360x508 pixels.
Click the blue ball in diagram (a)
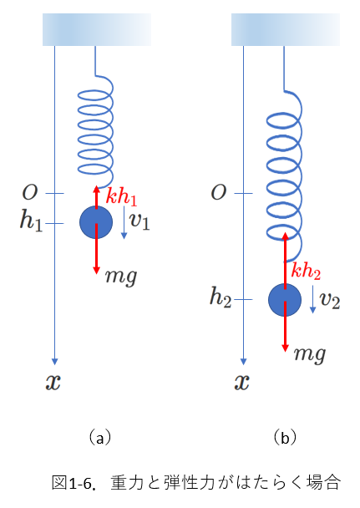pos(96,222)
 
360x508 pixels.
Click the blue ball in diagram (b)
pos(285,300)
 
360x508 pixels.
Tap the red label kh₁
pos(121,196)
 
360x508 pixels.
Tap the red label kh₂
pos(306,271)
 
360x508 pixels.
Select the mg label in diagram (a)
pos(121,277)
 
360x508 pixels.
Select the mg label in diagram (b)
pos(310,354)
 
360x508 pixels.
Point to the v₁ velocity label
pos(139,221)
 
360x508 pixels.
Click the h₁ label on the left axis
pos(31,221)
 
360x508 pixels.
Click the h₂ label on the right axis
pos(221,297)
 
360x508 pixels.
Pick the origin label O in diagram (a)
pos(30,192)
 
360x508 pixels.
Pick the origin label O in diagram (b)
pos(219,192)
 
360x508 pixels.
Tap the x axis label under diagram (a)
pos(53,382)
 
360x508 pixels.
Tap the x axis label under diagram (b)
pos(242,382)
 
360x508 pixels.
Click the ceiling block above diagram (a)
pos(97,29)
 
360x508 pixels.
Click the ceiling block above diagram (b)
pos(286,29)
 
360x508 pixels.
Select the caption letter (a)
pos(100,439)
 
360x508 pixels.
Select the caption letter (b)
pos(285,439)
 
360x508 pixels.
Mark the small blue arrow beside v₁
pos(124,222)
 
